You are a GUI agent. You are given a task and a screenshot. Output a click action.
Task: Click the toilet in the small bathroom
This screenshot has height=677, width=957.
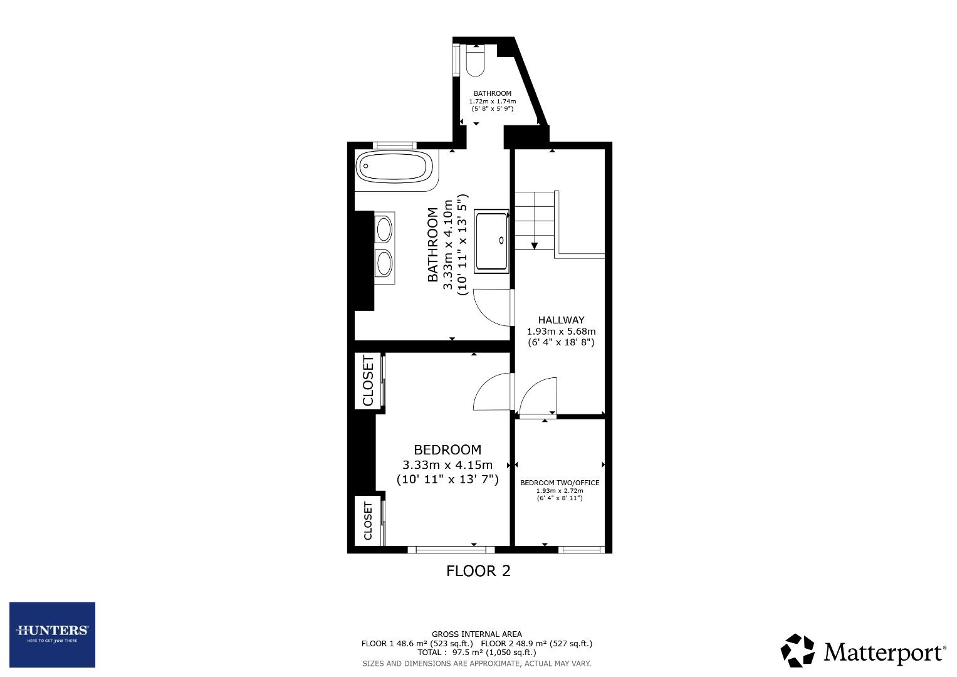point(476,61)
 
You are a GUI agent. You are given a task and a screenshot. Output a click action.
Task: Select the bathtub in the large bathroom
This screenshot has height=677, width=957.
point(394,167)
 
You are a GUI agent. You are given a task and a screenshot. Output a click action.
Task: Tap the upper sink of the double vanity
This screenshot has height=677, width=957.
point(384,228)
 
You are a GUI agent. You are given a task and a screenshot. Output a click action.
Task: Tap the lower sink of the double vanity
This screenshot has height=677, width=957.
point(384,263)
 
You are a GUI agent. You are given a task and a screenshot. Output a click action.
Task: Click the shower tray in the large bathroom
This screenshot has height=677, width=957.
point(492,241)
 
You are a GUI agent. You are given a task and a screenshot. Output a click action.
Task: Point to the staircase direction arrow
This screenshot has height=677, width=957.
point(534,245)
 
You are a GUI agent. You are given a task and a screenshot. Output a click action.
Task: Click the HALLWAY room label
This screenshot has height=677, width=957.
point(561,320)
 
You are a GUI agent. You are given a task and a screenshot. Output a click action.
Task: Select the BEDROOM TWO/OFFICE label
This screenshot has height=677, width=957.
point(560,483)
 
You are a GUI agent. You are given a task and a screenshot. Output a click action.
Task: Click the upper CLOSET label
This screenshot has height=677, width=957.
point(368,381)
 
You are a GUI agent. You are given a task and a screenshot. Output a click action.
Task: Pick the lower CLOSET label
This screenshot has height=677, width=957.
point(368,520)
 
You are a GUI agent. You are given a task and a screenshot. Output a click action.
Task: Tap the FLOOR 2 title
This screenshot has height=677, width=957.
point(478,571)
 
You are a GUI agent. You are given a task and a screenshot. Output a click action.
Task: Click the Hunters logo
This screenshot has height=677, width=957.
point(52,634)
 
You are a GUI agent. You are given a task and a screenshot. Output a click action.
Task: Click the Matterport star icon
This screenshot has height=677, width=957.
point(797,651)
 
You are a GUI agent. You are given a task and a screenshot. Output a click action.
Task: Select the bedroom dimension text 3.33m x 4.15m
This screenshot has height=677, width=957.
point(447,465)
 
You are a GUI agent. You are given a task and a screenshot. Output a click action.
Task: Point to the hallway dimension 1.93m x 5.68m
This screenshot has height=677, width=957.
point(561,331)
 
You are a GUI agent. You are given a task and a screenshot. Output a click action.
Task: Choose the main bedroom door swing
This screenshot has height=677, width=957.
point(493,392)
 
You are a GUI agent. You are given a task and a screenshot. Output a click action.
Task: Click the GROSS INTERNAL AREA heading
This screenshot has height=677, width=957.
point(476,634)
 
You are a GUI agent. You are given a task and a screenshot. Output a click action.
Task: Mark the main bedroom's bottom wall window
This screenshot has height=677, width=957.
point(451,550)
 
